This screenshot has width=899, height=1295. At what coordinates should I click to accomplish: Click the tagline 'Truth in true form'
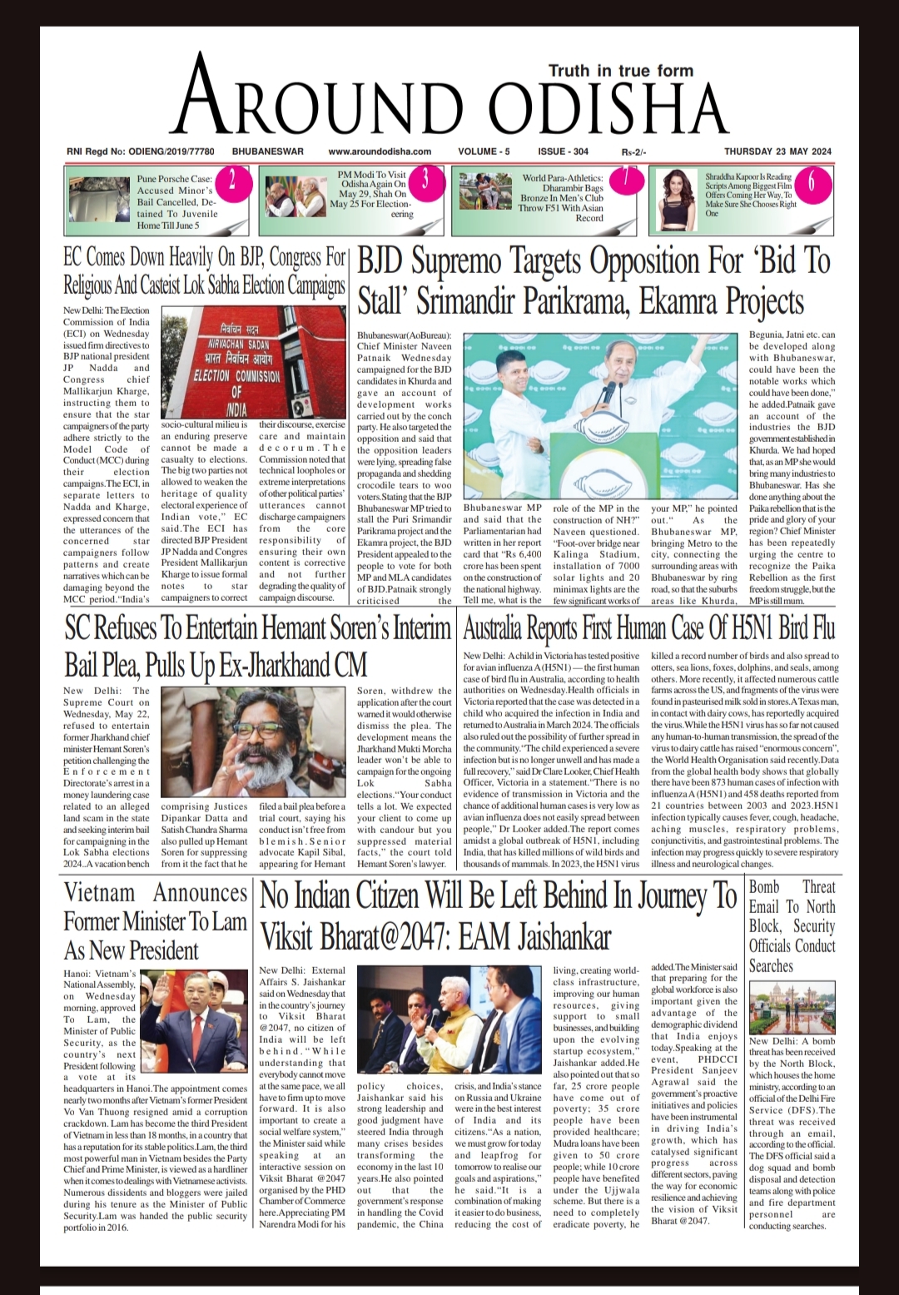620,71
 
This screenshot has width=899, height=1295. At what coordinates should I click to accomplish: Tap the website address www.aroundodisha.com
380,151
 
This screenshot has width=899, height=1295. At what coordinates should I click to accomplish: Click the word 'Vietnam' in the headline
99,893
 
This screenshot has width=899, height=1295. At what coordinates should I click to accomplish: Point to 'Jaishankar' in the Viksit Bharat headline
565,937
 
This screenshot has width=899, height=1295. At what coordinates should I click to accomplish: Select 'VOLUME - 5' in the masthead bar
484,151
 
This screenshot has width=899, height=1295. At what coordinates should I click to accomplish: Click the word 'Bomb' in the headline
764,887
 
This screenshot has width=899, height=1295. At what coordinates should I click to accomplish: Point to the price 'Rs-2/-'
633,152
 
